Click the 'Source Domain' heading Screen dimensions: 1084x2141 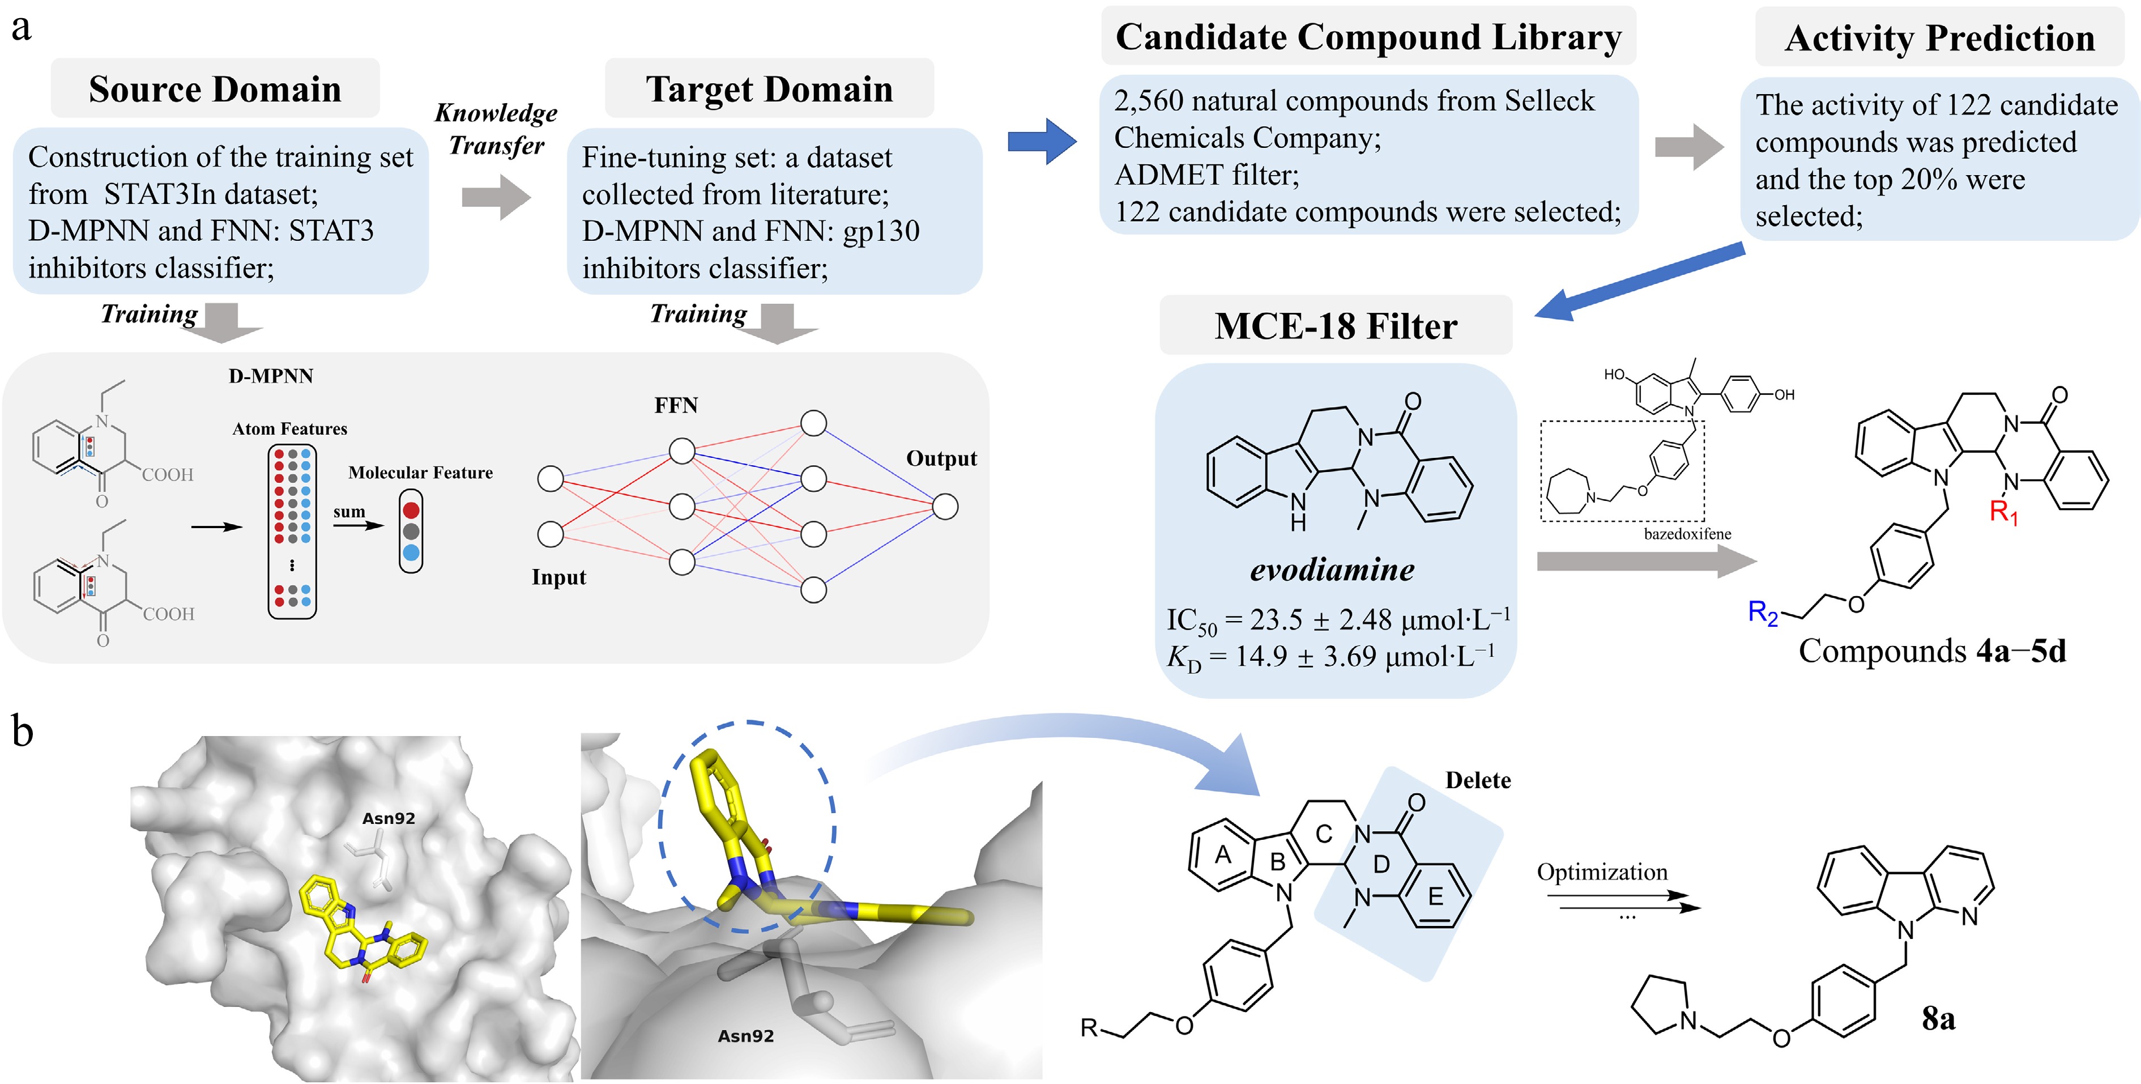tap(215, 89)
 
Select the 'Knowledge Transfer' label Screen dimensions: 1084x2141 tap(496, 129)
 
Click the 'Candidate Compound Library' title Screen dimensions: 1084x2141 tap(1368, 37)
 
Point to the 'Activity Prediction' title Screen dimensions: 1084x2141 tap(1940, 38)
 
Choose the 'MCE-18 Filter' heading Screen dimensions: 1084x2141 tap(1336, 326)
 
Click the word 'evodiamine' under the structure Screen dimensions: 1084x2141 tap(1332, 569)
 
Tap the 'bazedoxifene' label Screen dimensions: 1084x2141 tap(1687, 534)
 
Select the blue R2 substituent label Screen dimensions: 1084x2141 tap(1762, 613)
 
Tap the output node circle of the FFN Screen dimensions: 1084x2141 tap(945, 506)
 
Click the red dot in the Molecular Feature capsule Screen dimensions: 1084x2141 tap(411, 509)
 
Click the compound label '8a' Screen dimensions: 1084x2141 tap(1938, 1018)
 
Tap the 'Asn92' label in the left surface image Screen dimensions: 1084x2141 tap(388, 818)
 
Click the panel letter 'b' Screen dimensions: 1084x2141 tap(23, 732)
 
